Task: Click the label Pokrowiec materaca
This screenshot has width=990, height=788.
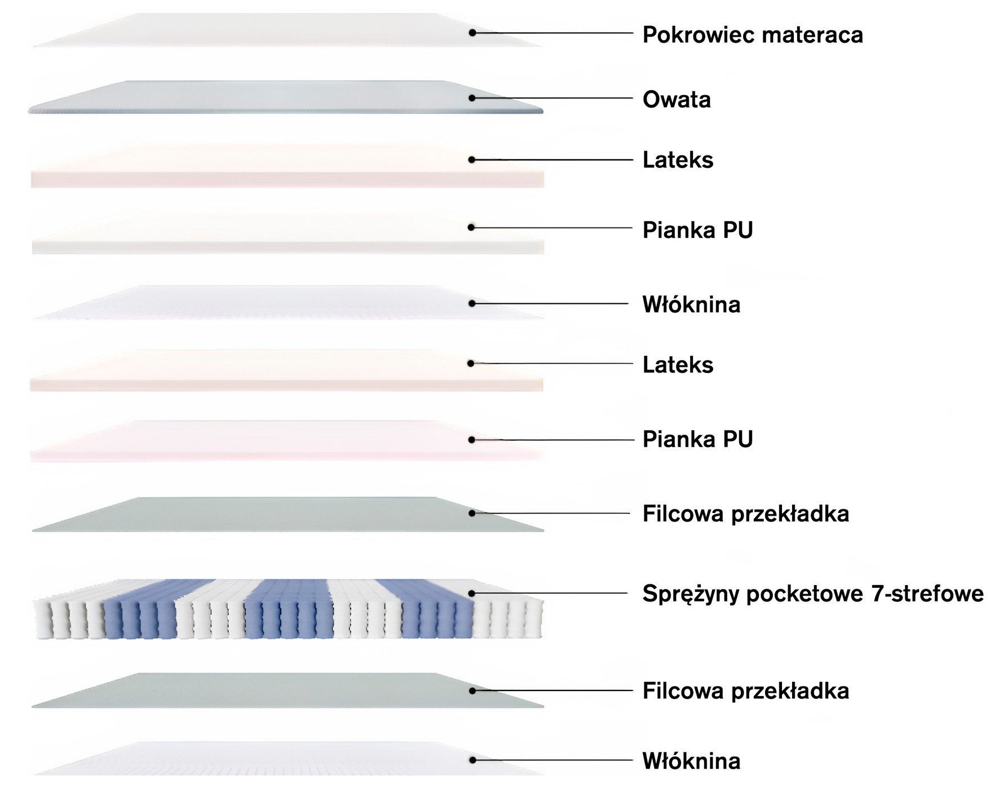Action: [x=752, y=35]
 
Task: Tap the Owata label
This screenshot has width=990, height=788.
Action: [x=677, y=100]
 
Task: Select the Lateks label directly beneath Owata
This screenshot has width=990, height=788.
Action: [x=678, y=160]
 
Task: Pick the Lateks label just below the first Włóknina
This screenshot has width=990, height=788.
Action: [x=678, y=365]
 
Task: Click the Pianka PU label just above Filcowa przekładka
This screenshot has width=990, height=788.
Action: [x=697, y=440]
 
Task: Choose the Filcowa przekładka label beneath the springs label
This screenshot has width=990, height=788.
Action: [x=745, y=691]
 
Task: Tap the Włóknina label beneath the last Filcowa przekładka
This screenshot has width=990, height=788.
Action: [x=691, y=762]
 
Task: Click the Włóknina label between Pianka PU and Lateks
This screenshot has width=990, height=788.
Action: [x=691, y=305]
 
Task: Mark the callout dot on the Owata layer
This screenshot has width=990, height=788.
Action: [x=472, y=98]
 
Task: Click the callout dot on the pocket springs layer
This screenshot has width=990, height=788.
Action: [x=472, y=593]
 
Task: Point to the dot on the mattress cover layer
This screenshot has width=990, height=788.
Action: [x=472, y=33]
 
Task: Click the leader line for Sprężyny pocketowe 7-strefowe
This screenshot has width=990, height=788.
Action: [x=553, y=593]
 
